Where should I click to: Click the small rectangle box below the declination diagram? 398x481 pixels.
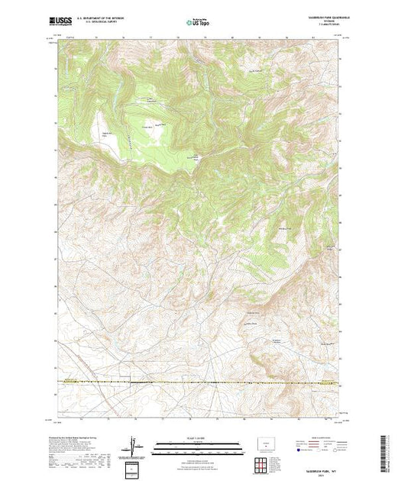click(134, 467)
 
